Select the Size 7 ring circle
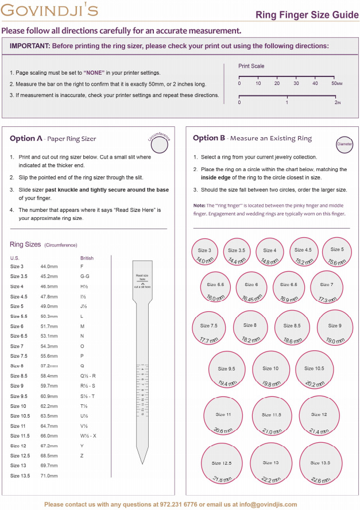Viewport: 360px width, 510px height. (326, 285)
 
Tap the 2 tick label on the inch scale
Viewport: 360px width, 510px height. (337, 102)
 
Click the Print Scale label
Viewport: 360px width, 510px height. (251, 66)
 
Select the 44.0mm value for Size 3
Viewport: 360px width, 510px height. (49, 266)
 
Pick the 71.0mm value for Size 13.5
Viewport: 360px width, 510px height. (49, 476)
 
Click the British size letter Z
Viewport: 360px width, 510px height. (82, 456)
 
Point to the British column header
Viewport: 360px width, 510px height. (87, 258)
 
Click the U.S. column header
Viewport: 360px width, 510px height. (15, 258)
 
